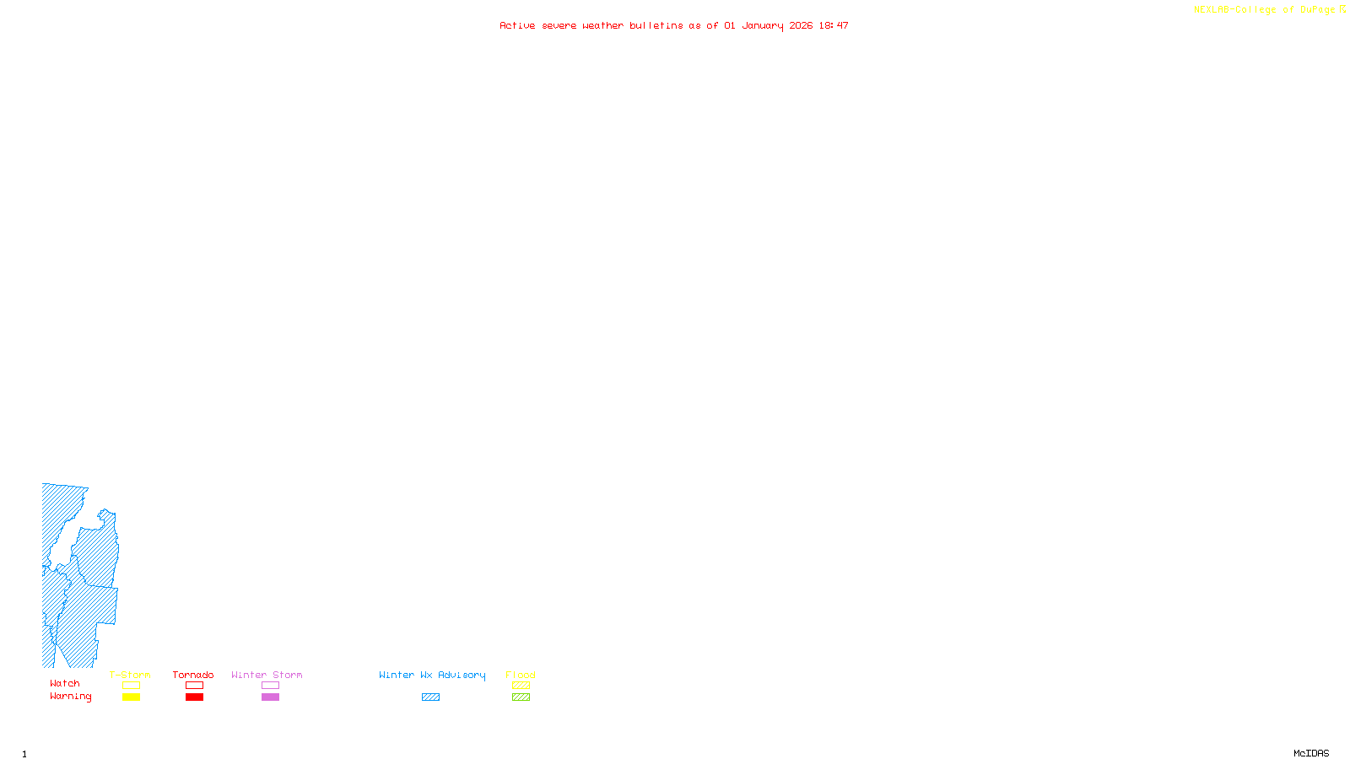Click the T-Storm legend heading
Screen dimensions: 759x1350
[130, 675]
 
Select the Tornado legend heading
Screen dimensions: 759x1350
[193, 675]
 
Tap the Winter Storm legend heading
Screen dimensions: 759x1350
[267, 675]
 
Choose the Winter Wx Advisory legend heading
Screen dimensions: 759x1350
[432, 675]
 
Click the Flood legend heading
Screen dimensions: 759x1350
[521, 675]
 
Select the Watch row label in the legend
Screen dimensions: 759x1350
[65, 684]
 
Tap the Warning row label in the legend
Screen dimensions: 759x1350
[71, 697]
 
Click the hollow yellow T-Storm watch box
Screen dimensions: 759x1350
[131, 686]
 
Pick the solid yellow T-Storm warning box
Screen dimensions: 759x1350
[131, 697]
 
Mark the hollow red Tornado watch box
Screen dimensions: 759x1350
[194, 686]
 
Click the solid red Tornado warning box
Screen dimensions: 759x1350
[194, 697]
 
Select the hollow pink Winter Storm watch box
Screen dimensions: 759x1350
[270, 686]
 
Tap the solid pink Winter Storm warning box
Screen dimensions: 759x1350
[270, 697]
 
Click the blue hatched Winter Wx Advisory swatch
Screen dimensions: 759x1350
[430, 697]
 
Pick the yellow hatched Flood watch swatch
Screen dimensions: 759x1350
[521, 686]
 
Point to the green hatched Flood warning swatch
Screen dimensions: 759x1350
[521, 697]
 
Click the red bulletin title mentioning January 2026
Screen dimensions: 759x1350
[674, 25]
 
